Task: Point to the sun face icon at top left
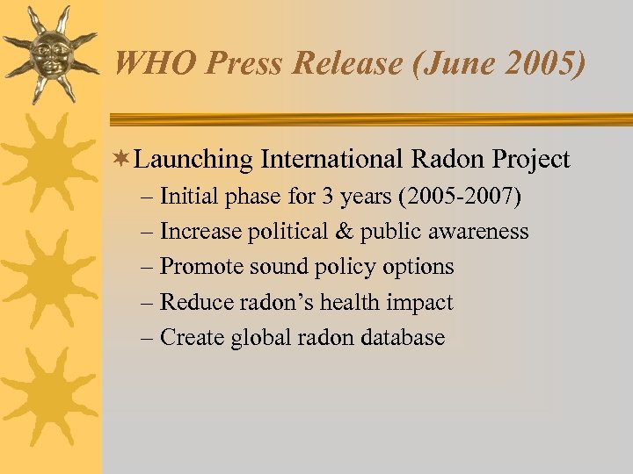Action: (50, 55)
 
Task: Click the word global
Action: (261, 338)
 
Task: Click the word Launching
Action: (194, 160)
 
